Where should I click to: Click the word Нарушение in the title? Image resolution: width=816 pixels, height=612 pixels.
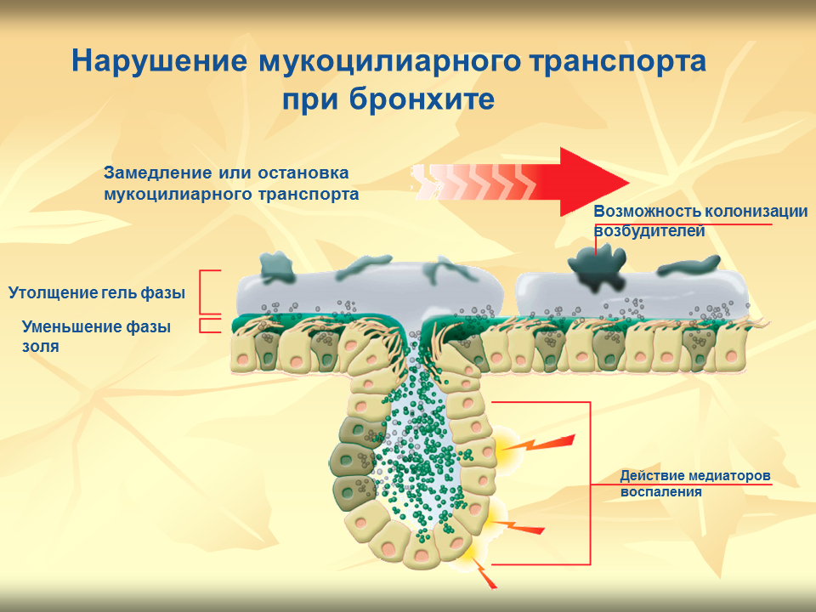159,60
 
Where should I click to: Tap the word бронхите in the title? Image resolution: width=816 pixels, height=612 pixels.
422,99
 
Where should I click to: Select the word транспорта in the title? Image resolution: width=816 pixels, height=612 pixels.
618,61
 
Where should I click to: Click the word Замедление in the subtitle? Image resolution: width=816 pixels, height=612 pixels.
158,173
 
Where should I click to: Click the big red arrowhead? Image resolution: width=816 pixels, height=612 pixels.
592,182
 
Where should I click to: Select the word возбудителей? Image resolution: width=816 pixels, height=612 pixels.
649,231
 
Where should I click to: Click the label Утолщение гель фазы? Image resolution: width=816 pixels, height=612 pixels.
97,293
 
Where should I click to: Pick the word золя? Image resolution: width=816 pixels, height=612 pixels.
41,347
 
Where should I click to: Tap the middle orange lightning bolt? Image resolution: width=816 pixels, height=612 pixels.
518,527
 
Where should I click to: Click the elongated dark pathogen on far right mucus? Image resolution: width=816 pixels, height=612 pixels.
688,265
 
